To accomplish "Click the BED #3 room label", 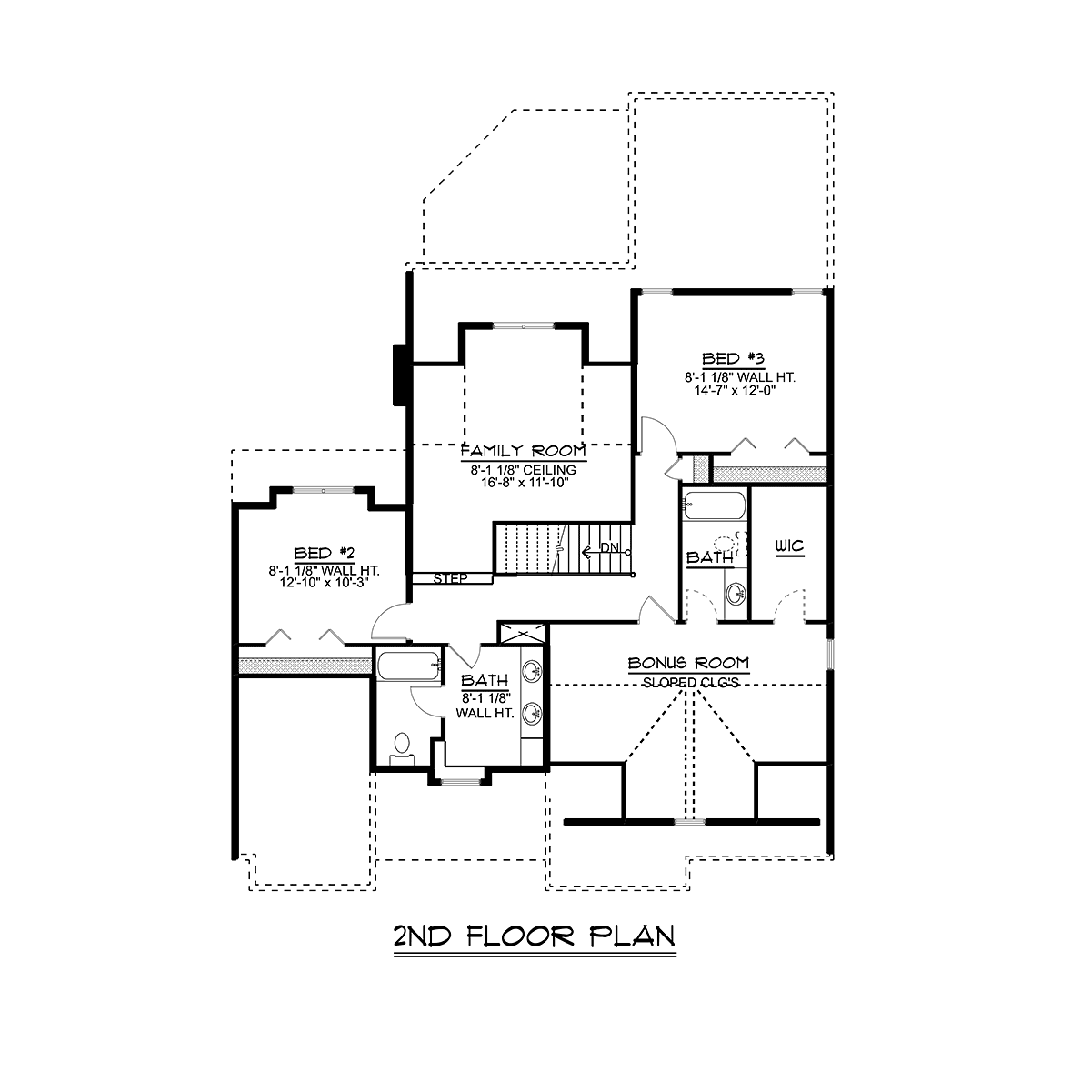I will (x=732, y=357).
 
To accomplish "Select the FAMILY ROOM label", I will (x=523, y=451).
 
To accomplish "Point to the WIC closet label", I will (x=789, y=547).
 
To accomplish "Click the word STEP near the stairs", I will (x=450, y=578).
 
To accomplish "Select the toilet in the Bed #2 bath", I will (x=401, y=746).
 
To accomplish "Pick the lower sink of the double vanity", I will (x=532, y=711).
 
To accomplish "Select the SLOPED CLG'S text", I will (x=688, y=682).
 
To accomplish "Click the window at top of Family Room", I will (x=523, y=324).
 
